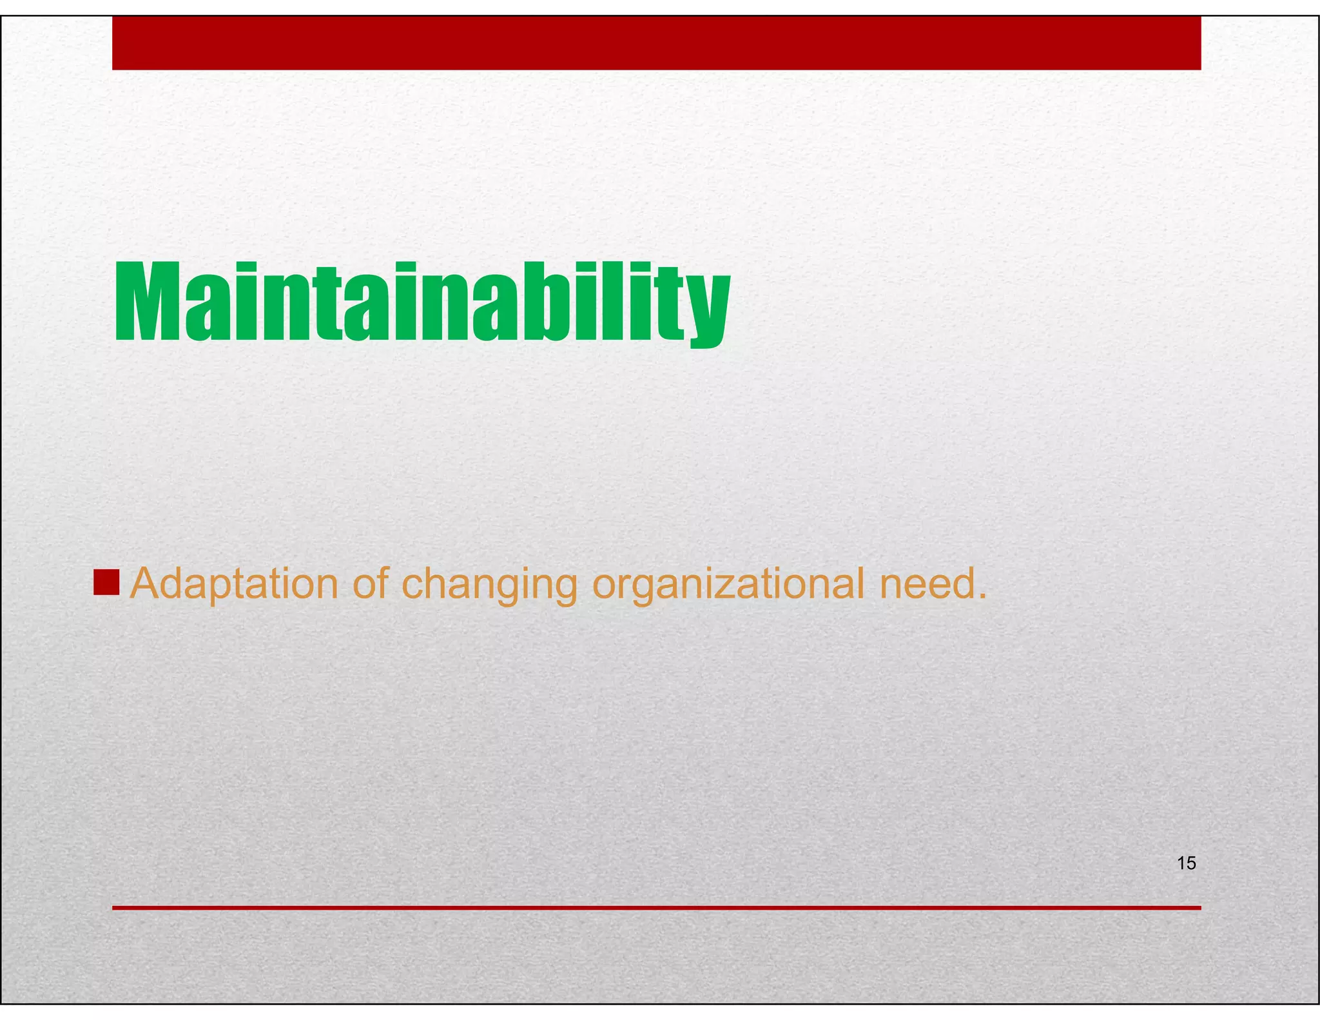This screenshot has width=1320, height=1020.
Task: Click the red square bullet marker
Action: pyautogui.click(x=106, y=582)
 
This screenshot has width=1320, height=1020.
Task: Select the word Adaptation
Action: pyautogui.click(x=234, y=584)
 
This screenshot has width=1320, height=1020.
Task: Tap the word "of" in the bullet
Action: pyautogui.click(x=370, y=583)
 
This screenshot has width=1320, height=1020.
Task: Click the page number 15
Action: pyautogui.click(x=1186, y=863)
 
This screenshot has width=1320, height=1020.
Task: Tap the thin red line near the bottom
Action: pyautogui.click(x=656, y=908)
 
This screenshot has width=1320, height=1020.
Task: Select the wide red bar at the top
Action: pyautogui.click(x=656, y=43)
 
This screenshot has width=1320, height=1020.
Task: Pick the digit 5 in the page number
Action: pyautogui.click(x=1191, y=863)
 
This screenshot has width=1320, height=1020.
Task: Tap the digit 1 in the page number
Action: pyautogui.click(x=1181, y=863)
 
